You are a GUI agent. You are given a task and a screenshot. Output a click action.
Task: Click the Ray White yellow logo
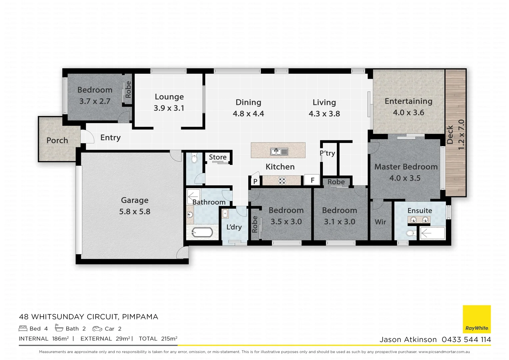[x=477, y=319]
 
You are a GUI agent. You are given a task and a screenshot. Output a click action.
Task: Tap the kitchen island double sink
[x=279, y=152]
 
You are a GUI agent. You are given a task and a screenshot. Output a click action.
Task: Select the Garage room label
[x=135, y=200]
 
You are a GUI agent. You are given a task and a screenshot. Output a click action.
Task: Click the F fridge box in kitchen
[x=312, y=180]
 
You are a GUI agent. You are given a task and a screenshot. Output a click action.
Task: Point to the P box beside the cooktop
[x=255, y=181]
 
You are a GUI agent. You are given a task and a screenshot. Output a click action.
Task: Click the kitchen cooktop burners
[x=282, y=181]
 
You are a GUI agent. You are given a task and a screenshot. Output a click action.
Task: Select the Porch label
[x=57, y=140]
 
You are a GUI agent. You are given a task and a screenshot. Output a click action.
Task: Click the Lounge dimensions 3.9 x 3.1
[x=169, y=108]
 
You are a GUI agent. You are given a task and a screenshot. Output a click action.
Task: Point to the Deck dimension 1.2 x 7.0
[x=461, y=134]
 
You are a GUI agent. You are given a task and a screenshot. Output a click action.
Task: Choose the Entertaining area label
[x=408, y=101]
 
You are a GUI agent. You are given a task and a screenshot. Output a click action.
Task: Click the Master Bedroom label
[x=406, y=167]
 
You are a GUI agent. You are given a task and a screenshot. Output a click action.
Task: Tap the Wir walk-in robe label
[x=380, y=222]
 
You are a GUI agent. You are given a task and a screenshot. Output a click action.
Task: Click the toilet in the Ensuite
[x=411, y=233]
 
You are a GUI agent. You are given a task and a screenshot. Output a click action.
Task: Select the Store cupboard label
[x=218, y=157]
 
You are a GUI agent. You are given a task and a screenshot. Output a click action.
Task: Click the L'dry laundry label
[x=234, y=227]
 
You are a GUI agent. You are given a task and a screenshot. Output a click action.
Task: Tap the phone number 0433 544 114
[x=466, y=339]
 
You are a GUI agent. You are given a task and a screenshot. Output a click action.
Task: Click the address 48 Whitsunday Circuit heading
[x=89, y=317]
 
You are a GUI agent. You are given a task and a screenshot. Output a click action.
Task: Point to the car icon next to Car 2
[x=97, y=329]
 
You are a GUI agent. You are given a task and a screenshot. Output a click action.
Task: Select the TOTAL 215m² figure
[x=158, y=339]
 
